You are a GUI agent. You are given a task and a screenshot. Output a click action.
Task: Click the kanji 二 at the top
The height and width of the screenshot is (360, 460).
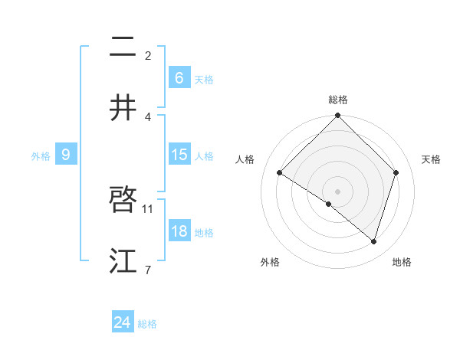point(123,47)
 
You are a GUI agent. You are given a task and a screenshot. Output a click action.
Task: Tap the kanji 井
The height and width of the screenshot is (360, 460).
point(123,108)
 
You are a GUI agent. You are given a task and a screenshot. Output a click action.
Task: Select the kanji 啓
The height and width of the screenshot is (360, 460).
point(123,201)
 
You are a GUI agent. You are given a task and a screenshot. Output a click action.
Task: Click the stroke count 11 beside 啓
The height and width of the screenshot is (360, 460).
point(149,208)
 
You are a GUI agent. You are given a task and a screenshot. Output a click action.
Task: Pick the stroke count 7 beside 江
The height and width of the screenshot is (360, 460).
point(148,270)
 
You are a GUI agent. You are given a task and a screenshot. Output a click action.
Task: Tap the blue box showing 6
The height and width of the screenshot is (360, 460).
point(179,78)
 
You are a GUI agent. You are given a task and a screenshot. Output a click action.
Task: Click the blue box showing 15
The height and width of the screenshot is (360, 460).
point(179,155)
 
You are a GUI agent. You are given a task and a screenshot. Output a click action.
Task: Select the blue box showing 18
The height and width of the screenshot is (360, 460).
point(179,231)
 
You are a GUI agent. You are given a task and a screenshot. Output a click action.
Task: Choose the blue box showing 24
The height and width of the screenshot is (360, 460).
point(123,322)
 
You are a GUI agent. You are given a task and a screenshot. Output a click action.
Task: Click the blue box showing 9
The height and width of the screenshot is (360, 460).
point(66,155)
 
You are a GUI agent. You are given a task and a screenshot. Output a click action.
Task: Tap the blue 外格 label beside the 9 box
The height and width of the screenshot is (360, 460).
point(41,155)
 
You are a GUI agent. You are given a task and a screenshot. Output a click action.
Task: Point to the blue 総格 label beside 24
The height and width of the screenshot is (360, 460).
point(147,324)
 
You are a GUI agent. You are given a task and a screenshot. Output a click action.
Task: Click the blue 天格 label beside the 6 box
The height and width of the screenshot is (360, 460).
point(204,79)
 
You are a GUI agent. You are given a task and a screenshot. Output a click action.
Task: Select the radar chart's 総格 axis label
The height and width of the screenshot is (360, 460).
point(338,100)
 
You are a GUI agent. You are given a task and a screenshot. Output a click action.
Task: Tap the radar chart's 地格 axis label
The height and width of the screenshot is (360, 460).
point(402,262)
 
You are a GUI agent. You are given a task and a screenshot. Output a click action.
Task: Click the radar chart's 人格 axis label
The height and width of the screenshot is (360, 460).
point(245,159)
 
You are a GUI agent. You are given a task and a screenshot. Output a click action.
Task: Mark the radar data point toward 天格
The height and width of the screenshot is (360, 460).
point(396,172)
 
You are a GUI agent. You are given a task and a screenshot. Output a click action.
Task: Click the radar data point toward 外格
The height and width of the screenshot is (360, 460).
point(329,204)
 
